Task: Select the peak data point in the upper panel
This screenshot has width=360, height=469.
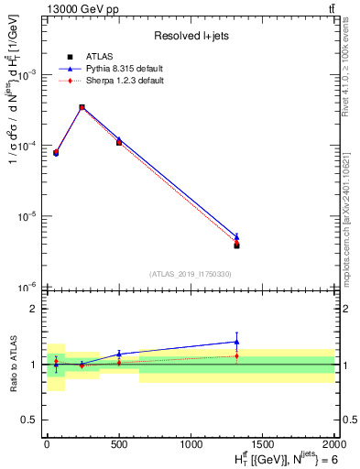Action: [82, 107]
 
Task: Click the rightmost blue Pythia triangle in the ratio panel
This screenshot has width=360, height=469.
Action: [236, 342]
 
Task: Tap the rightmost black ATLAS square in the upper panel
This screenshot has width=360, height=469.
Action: [236, 245]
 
